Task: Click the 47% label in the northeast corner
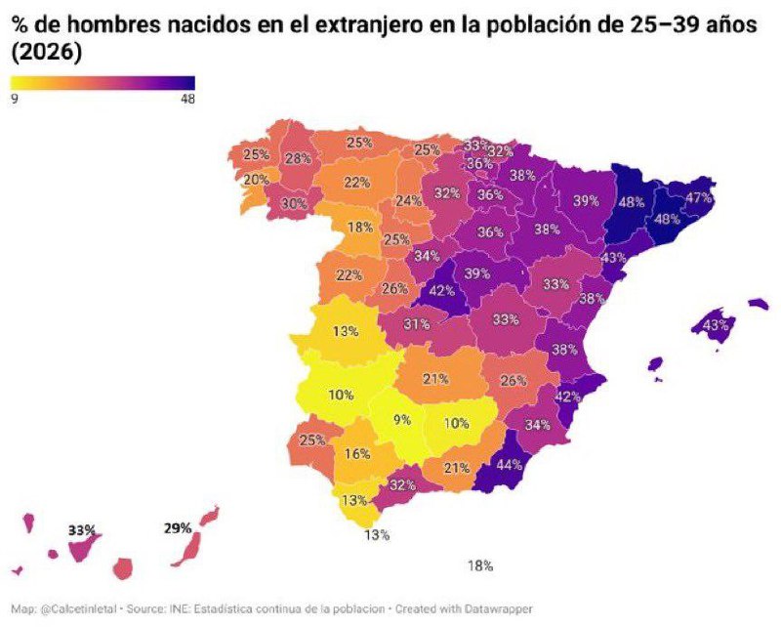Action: tap(698, 197)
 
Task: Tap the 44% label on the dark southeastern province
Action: tap(510, 465)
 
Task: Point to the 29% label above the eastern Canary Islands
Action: tap(177, 528)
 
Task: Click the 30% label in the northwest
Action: tap(294, 204)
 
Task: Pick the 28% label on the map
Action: tap(297, 159)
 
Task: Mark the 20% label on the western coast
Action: tap(256, 180)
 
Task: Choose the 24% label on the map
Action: tap(408, 201)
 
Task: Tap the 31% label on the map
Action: tap(417, 324)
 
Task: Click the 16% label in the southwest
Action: tap(356, 453)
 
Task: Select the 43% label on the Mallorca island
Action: tap(717, 324)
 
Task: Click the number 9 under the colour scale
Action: tap(15, 99)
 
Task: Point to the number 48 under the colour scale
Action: tap(186, 99)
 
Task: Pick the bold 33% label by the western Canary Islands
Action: tap(82, 530)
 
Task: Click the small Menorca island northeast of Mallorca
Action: tap(759, 305)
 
